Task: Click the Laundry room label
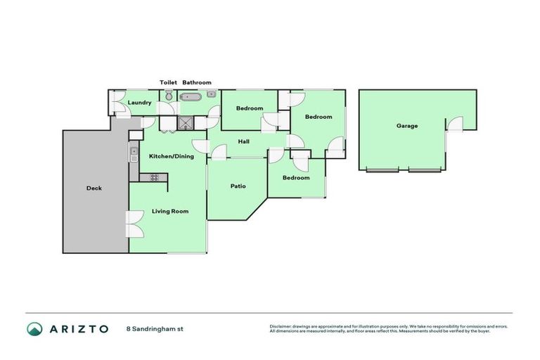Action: point(139,103)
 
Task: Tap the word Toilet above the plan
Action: point(168,82)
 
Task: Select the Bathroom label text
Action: point(197,82)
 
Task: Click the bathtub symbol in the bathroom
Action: point(191,96)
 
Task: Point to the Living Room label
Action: point(170,211)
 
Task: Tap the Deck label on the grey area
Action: point(94,188)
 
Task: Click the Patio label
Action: point(238,186)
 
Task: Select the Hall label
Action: point(243,141)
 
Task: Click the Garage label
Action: point(406,126)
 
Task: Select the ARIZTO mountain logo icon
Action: point(34,328)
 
